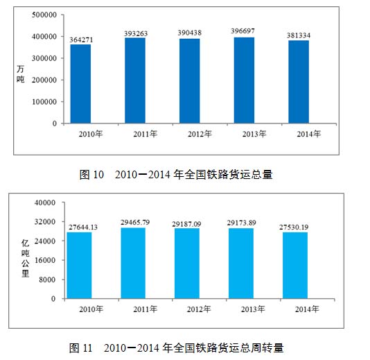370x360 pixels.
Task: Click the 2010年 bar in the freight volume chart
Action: click(x=80, y=84)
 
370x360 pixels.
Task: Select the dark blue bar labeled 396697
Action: click(x=244, y=80)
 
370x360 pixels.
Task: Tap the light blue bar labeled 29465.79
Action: click(x=133, y=263)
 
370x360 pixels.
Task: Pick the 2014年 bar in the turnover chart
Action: click(x=295, y=266)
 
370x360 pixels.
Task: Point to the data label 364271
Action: click(x=81, y=40)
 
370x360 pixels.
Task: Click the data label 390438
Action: click(x=190, y=33)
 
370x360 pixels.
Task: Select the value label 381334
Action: click(x=299, y=35)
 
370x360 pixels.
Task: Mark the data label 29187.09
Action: click(x=186, y=224)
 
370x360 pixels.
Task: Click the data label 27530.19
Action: click(x=294, y=227)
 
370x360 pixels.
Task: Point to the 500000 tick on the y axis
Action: click(x=44, y=15)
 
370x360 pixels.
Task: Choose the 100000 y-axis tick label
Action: click(x=44, y=102)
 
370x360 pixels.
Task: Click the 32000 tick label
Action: click(x=45, y=221)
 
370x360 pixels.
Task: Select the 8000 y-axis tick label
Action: click(x=47, y=280)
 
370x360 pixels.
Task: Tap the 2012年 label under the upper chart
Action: click(x=200, y=134)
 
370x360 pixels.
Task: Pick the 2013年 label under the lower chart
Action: click(x=253, y=309)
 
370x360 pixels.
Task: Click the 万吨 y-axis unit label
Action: click(x=21, y=74)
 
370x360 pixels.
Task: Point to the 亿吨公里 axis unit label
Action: click(x=26, y=258)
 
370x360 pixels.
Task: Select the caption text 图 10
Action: click(x=91, y=175)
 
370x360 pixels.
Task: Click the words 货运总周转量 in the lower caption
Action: click(x=250, y=348)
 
